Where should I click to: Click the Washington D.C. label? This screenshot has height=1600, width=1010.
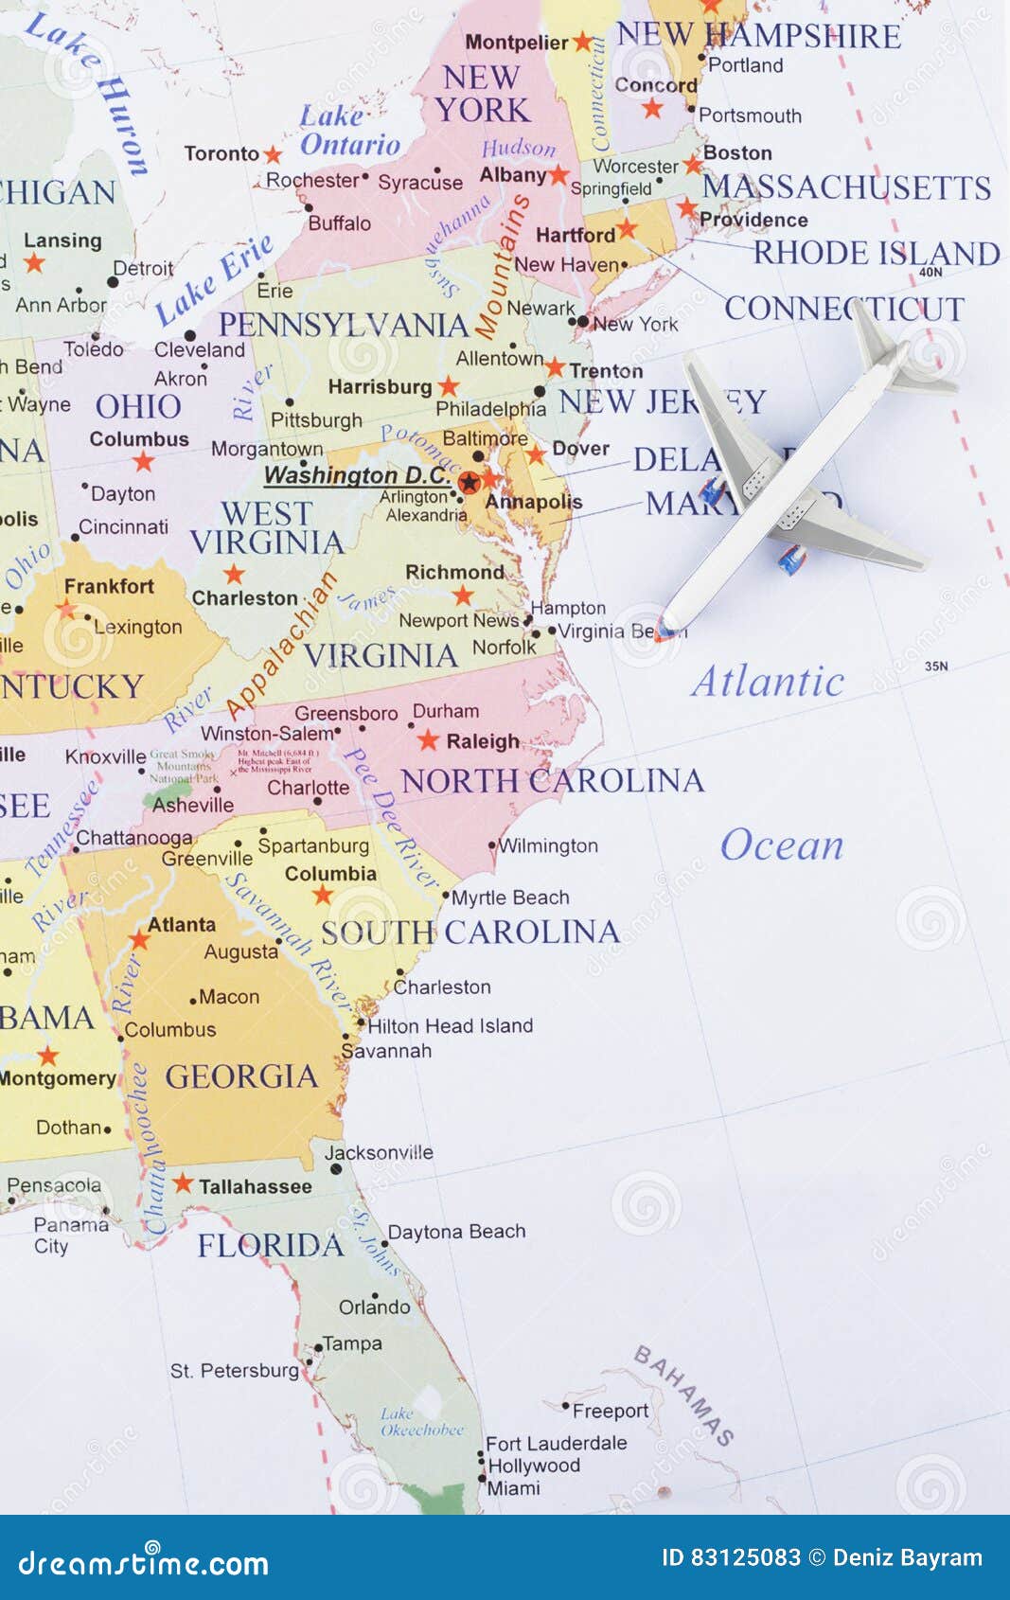coord(357,474)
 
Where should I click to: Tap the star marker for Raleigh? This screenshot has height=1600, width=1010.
coord(428,740)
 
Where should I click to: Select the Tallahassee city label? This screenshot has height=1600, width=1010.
coord(255,1186)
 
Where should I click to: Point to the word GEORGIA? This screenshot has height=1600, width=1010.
coord(241,1076)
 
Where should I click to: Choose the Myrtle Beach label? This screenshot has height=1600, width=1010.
coord(510,898)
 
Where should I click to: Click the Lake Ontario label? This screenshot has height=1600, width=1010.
coord(349,131)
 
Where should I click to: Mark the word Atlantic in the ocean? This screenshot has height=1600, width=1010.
coord(768,682)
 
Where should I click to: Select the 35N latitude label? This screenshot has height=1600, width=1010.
coord(936,667)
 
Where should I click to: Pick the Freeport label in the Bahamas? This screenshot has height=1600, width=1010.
coord(611,1411)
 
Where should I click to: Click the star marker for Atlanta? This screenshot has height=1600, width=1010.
coord(139,940)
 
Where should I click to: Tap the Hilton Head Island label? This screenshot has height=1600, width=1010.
coord(451,1025)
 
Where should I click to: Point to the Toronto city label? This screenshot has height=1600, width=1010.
coord(221,153)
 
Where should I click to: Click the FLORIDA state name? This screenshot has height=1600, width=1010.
coord(271,1245)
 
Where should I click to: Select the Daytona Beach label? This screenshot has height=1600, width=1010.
coord(456,1232)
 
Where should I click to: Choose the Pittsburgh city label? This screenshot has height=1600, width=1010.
coord(316,419)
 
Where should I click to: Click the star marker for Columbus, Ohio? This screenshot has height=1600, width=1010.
coord(143,462)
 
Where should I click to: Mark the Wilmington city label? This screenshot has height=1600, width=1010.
coord(548,845)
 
